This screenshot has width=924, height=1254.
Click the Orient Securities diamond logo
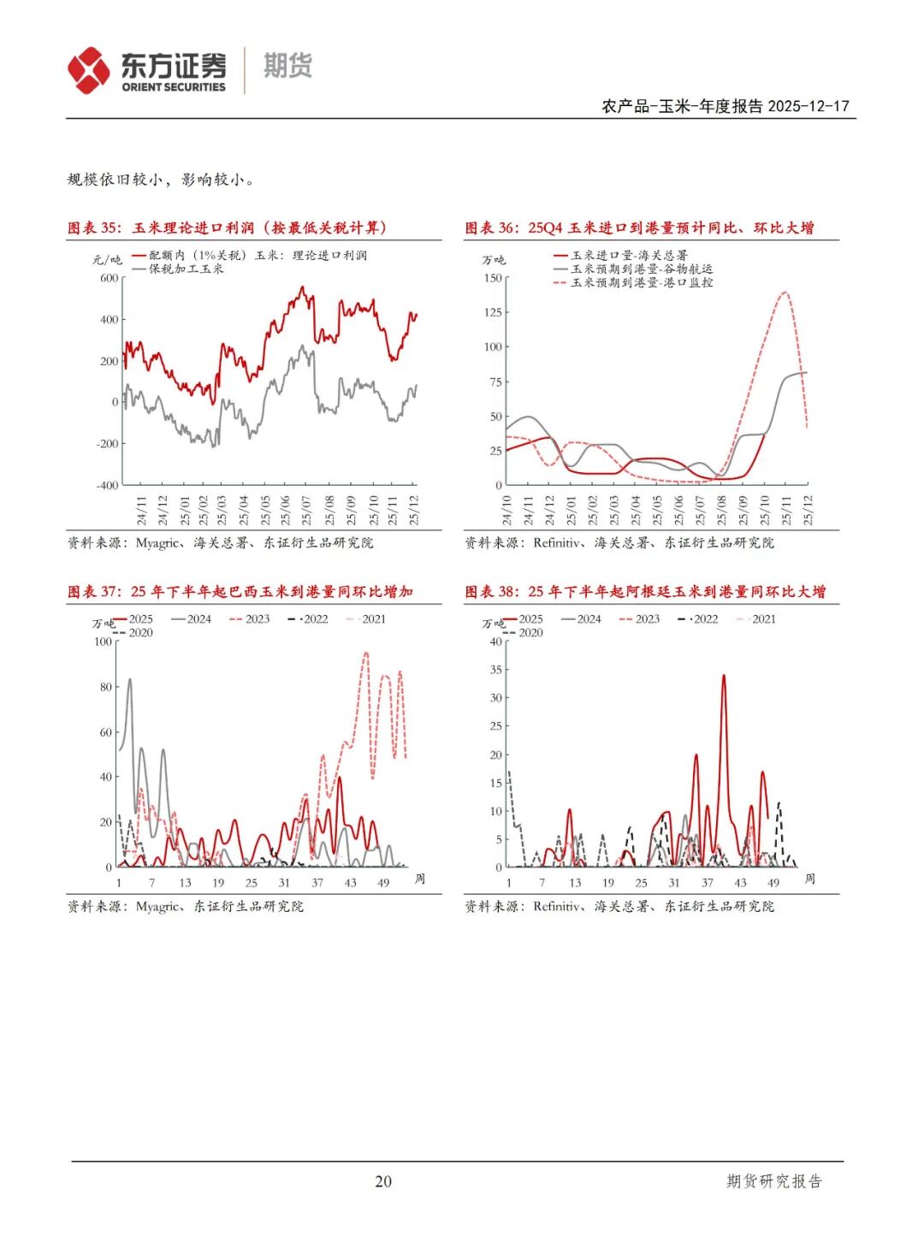(x=89, y=70)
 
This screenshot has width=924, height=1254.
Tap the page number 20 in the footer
(x=383, y=1181)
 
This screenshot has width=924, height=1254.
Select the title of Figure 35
(x=228, y=228)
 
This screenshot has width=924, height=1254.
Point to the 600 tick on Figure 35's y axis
(x=110, y=278)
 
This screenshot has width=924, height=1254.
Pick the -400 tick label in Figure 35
(x=107, y=485)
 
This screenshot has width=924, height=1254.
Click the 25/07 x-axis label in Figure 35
(x=307, y=510)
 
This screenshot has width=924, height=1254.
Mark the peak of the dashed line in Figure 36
(x=785, y=293)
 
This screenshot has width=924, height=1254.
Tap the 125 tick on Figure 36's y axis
(x=493, y=312)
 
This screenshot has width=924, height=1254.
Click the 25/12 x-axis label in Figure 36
(x=808, y=510)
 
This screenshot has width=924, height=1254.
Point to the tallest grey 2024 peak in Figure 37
(x=130, y=680)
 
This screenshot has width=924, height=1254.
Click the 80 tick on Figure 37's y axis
(x=106, y=687)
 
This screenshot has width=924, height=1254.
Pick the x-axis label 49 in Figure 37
(x=383, y=883)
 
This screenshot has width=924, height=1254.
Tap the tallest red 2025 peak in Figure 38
(x=724, y=676)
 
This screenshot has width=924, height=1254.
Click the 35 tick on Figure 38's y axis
(x=496, y=670)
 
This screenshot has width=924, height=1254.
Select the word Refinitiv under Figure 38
(x=557, y=906)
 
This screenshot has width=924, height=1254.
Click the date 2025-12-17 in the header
(x=808, y=106)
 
